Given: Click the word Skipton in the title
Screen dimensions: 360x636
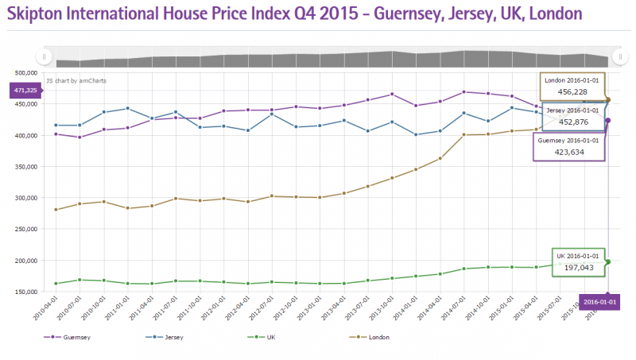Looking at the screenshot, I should tap(41, 14).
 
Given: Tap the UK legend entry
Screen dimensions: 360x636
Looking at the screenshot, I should tap(273, 337).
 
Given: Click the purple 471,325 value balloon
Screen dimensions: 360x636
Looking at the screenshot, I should tap(24, 91).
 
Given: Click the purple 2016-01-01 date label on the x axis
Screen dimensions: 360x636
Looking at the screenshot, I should tap(599, 302).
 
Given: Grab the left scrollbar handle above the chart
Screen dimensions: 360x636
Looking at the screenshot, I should tap(44, 56).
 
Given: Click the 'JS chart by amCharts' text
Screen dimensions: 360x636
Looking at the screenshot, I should tap(76, 80).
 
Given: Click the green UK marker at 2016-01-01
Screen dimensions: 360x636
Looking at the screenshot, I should tap(608, 261).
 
